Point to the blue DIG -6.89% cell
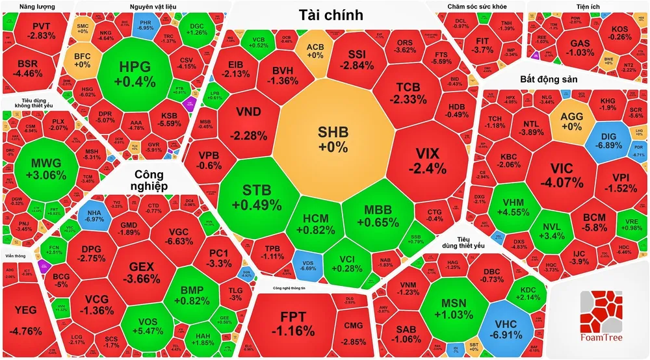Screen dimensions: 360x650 coord(608,142)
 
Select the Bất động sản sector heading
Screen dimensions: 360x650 coord(550,79)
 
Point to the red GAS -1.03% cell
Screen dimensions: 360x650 coord(579,47)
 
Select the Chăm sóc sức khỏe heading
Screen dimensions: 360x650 coord(476,7)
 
